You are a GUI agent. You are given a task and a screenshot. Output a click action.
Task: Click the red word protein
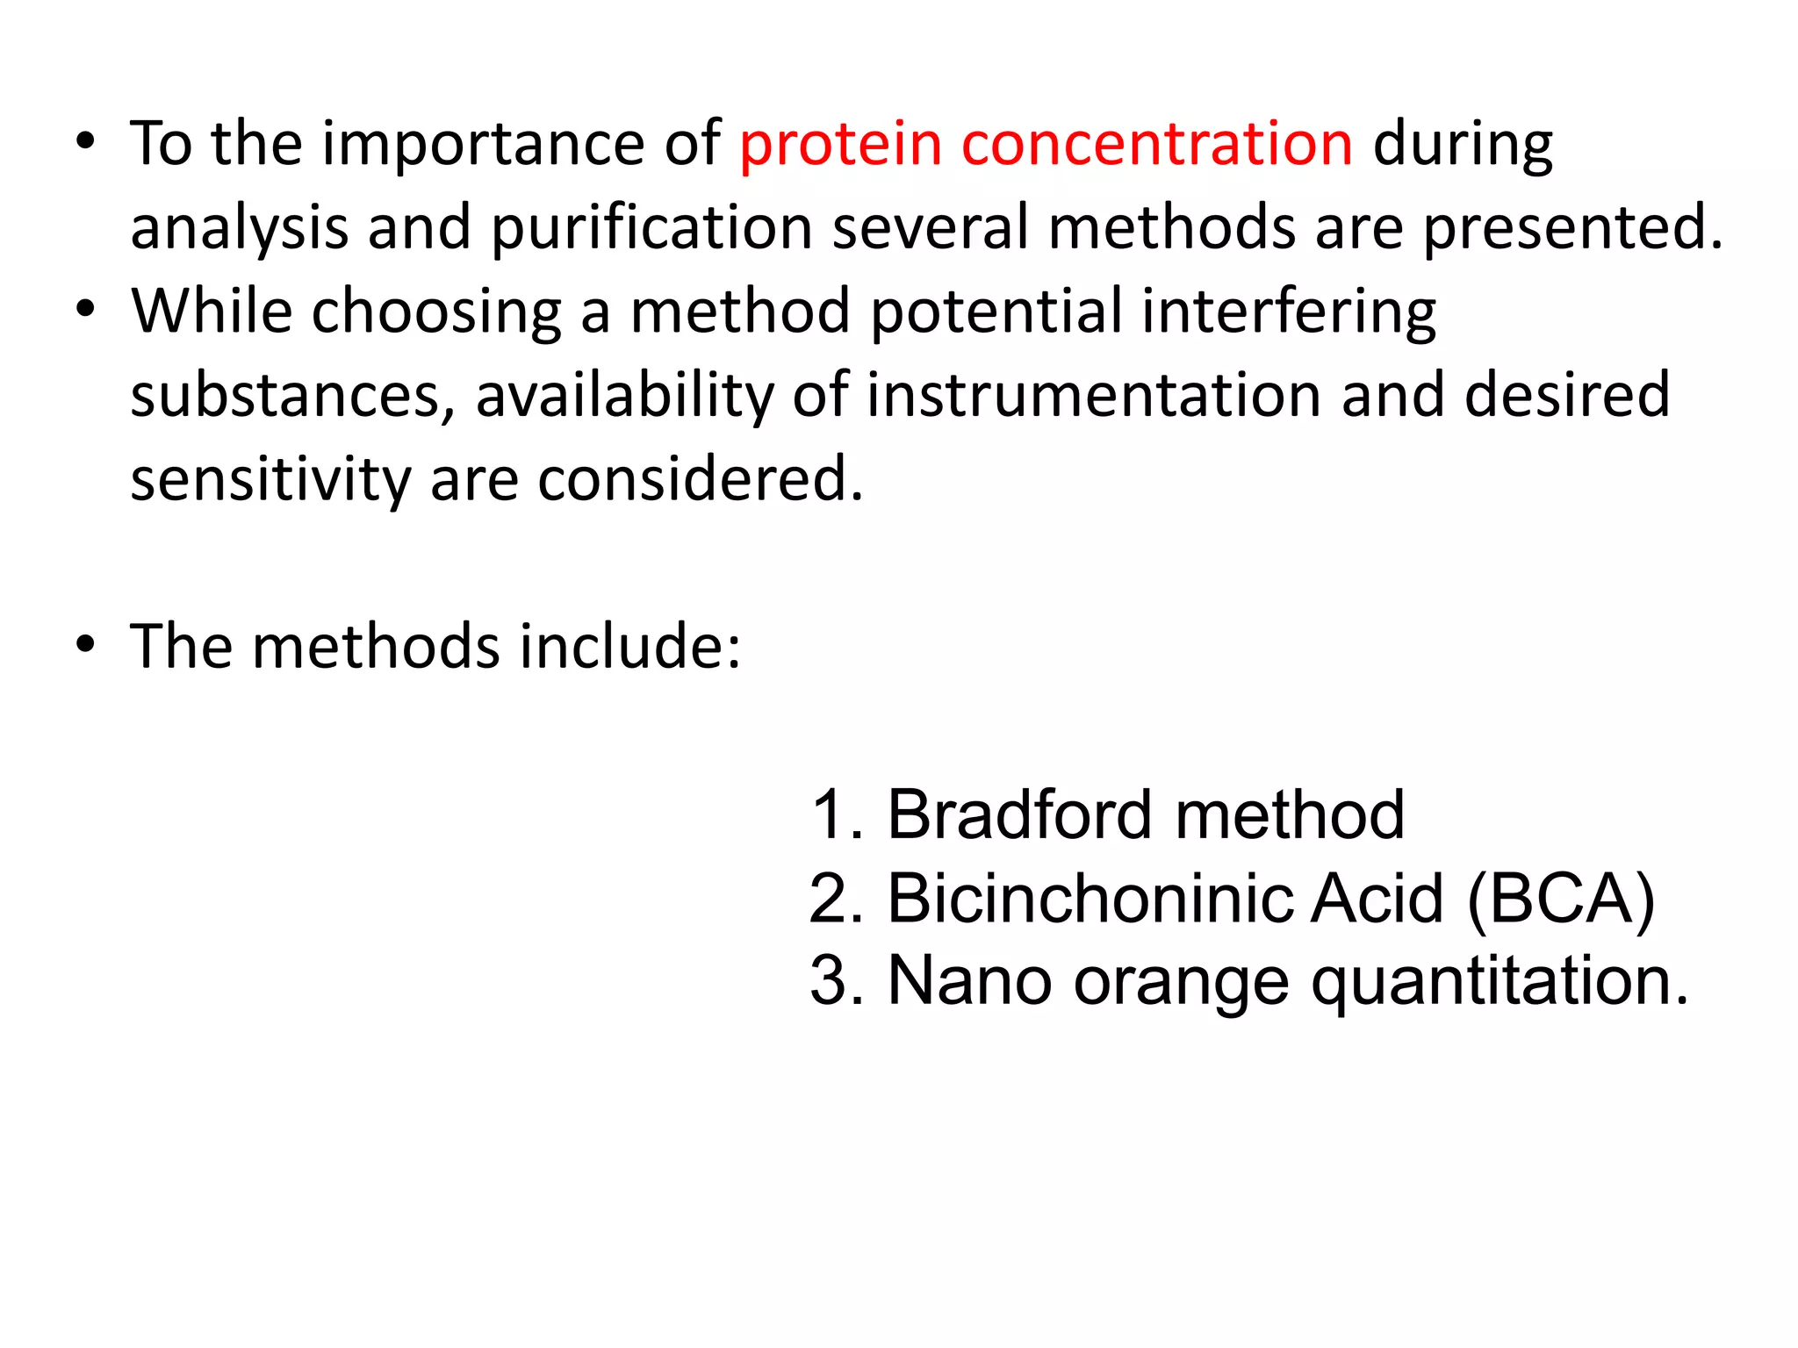pyautogui.click(x=840, y=144)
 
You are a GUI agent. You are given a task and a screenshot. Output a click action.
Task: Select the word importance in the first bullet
pyautogui.click(x=483, y=144)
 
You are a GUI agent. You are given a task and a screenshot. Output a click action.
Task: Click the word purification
pyautogui.click(x=651, y=228)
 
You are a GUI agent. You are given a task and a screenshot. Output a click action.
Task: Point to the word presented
pyautogui.click(x=1572, y=228)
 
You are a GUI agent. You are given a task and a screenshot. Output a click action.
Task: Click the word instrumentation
pyautogui.click(x=1094, y=395)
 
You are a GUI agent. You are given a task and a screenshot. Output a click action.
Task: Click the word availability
pyautogui.click(x=624, y=395)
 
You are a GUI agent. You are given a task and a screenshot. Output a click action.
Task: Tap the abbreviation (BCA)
pyautogui.click(x=1560, y=899)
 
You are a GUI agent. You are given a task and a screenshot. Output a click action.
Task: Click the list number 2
pyautogui.click(x=830, y=899)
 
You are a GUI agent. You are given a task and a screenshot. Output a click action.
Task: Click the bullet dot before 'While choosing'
pyautogui.click(x=84, y=309)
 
